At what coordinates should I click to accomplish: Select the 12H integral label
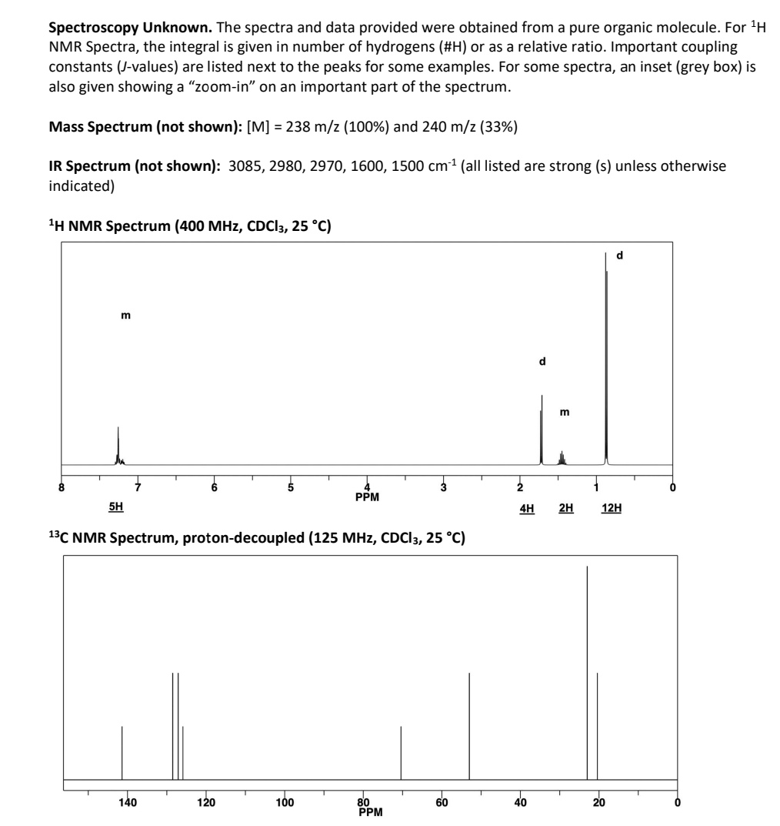[x=612, y=508]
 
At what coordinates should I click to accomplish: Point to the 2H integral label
[x=565, y=508]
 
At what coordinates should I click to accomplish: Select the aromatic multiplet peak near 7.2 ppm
[x=118, y=446]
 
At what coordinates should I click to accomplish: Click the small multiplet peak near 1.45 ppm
[x=562, y=456]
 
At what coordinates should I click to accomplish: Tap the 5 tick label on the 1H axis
[x=291, y=487]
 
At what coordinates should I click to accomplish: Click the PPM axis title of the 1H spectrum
[x=367, y=497]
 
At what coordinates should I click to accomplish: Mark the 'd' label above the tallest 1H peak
[x=620, y=255]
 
